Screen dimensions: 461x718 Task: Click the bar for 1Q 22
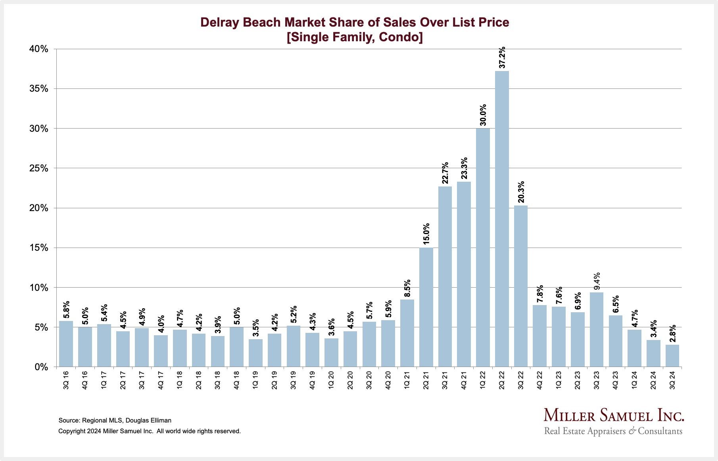(483, 247)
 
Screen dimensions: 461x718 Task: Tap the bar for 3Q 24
(672, 356)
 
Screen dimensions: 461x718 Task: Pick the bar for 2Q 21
(426, 307)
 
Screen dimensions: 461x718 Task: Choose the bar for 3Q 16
(66, 344)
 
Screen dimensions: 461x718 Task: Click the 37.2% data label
(502, 58)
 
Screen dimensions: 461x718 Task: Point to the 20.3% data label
(521, 192)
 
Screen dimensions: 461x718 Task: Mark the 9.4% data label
(597, 281)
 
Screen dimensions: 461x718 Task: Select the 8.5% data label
(407, 288)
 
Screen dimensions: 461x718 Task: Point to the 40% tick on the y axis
(38, 49)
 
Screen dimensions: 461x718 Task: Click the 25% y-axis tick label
(38, 169)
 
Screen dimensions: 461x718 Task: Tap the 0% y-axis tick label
(41, 367)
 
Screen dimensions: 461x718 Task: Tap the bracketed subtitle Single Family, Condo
(355, 37)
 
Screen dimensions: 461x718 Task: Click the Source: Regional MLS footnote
(115, 421)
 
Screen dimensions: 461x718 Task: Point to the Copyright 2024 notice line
(149, 431)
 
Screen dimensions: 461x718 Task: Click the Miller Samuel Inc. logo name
(613, 416)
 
